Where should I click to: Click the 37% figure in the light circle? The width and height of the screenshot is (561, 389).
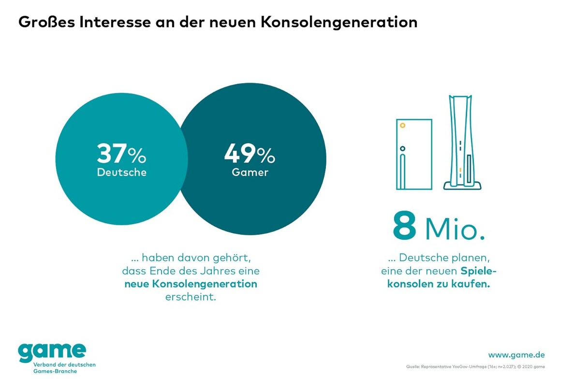(x=121, y=154)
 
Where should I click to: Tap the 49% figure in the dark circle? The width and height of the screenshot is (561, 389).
(x=250, y=154)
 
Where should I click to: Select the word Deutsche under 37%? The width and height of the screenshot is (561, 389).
(x=121, y=173)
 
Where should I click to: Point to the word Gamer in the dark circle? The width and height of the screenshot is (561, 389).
(x=250, y=173)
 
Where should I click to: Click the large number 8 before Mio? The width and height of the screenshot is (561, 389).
(x=404, y=226)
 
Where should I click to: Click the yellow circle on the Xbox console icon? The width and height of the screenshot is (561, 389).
(x=403, y=126)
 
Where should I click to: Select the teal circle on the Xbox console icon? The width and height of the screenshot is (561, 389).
(x=403, y=148)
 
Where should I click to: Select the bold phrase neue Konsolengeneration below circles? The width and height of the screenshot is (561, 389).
(x=191, y=284)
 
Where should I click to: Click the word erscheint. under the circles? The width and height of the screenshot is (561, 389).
(x=191, y=296)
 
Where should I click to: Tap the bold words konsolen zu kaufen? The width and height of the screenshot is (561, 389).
(x=438, y=284)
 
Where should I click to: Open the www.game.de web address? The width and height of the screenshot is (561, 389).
(x=516, y=355)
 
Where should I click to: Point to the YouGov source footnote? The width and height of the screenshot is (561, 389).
(x=476, y=367)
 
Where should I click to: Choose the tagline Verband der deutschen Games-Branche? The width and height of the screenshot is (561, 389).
(x=57, y=368)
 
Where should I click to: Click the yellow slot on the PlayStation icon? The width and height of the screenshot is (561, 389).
(x=460, y=170)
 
